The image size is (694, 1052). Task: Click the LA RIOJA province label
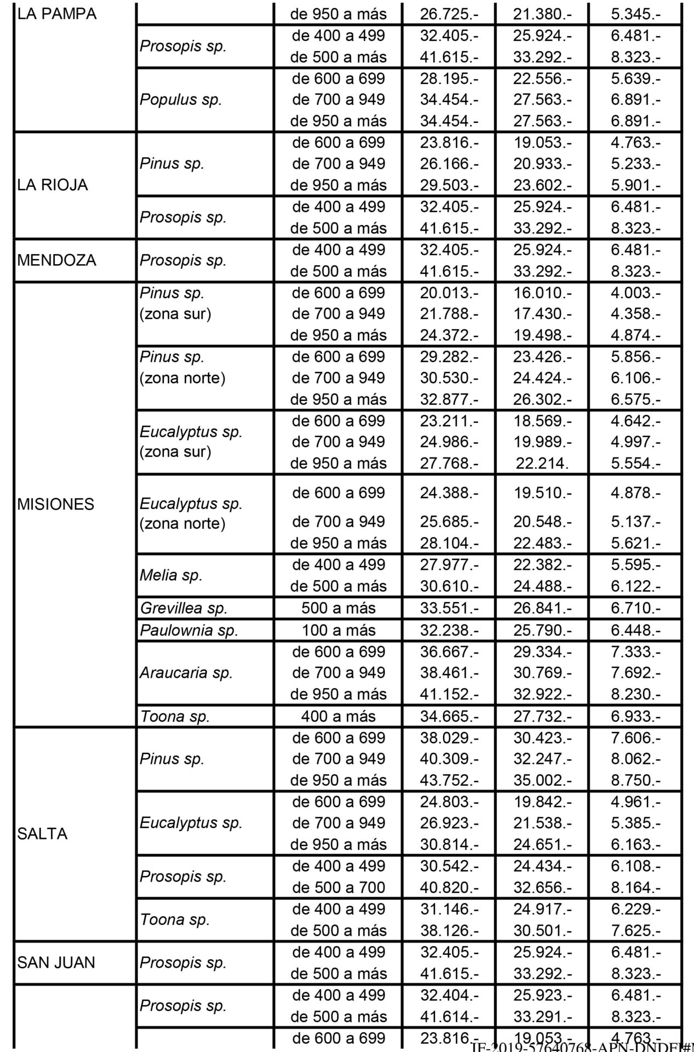click(53, 185)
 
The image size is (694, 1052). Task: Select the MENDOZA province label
click(57, 260)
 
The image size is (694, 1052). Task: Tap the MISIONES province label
click(56, 504)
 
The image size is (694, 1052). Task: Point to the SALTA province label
click(43, 834)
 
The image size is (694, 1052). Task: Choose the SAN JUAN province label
click(56, 962)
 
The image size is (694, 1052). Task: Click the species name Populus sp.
click(181, 100)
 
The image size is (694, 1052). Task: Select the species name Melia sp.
click(171, 575)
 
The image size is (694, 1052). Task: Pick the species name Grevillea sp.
click(183, 608)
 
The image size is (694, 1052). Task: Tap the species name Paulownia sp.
click(189, 630)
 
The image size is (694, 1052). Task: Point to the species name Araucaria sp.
click(186, 673)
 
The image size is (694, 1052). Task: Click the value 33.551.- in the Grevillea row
click(449, 608)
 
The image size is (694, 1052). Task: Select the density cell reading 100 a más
click(339, 630)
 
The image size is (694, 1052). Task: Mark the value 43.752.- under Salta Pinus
click(449, 780)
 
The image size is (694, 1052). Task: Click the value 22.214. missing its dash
click(541, 463)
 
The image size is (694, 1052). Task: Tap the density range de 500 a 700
click(339, 887)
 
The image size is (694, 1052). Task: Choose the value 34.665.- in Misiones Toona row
click(449, 716)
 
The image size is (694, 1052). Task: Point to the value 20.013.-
click(449, 293)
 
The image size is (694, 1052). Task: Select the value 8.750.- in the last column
click(635, 780)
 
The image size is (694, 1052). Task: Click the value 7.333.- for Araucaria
click(635, 651)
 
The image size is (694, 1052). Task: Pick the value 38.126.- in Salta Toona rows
click(449, 930)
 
